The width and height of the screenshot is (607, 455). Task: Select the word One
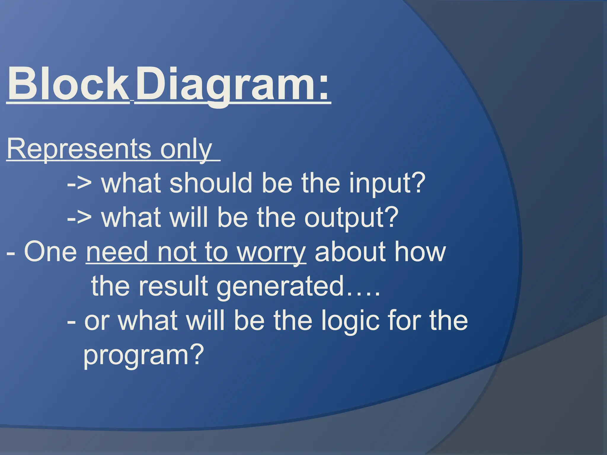pos(50,252)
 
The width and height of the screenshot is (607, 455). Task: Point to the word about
pos(350,252)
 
